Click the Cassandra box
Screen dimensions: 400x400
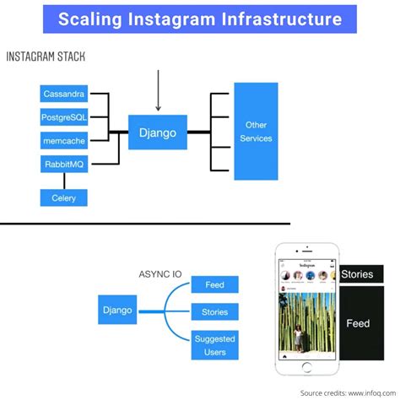click(x=64, y=95)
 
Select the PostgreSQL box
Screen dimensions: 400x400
click(x=64, y=117)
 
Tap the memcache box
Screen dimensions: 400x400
click(x=64, y=140)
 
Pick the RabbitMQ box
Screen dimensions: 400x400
click(x=64, y=163)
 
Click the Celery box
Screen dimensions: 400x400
click(x=64, y=197)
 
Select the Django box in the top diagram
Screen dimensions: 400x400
click(x=157, y=131)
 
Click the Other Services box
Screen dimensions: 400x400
click(x=256, y=131)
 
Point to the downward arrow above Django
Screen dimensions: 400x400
click(x=157, y=89)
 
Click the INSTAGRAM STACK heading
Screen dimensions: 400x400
click(x=50, y=57)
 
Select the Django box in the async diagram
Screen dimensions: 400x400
click(x=117, y=310)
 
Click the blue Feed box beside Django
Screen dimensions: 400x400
click(x=214, y=284)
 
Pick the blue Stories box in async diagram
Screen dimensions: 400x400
click(x=214, y=311)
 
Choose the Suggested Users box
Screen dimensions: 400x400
click(x=214, y=346)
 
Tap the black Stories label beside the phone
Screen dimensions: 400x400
click(x=356, y=274)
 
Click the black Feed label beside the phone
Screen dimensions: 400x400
click(x=358, y=322)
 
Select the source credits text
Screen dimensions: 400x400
click(x=346, y=392)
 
